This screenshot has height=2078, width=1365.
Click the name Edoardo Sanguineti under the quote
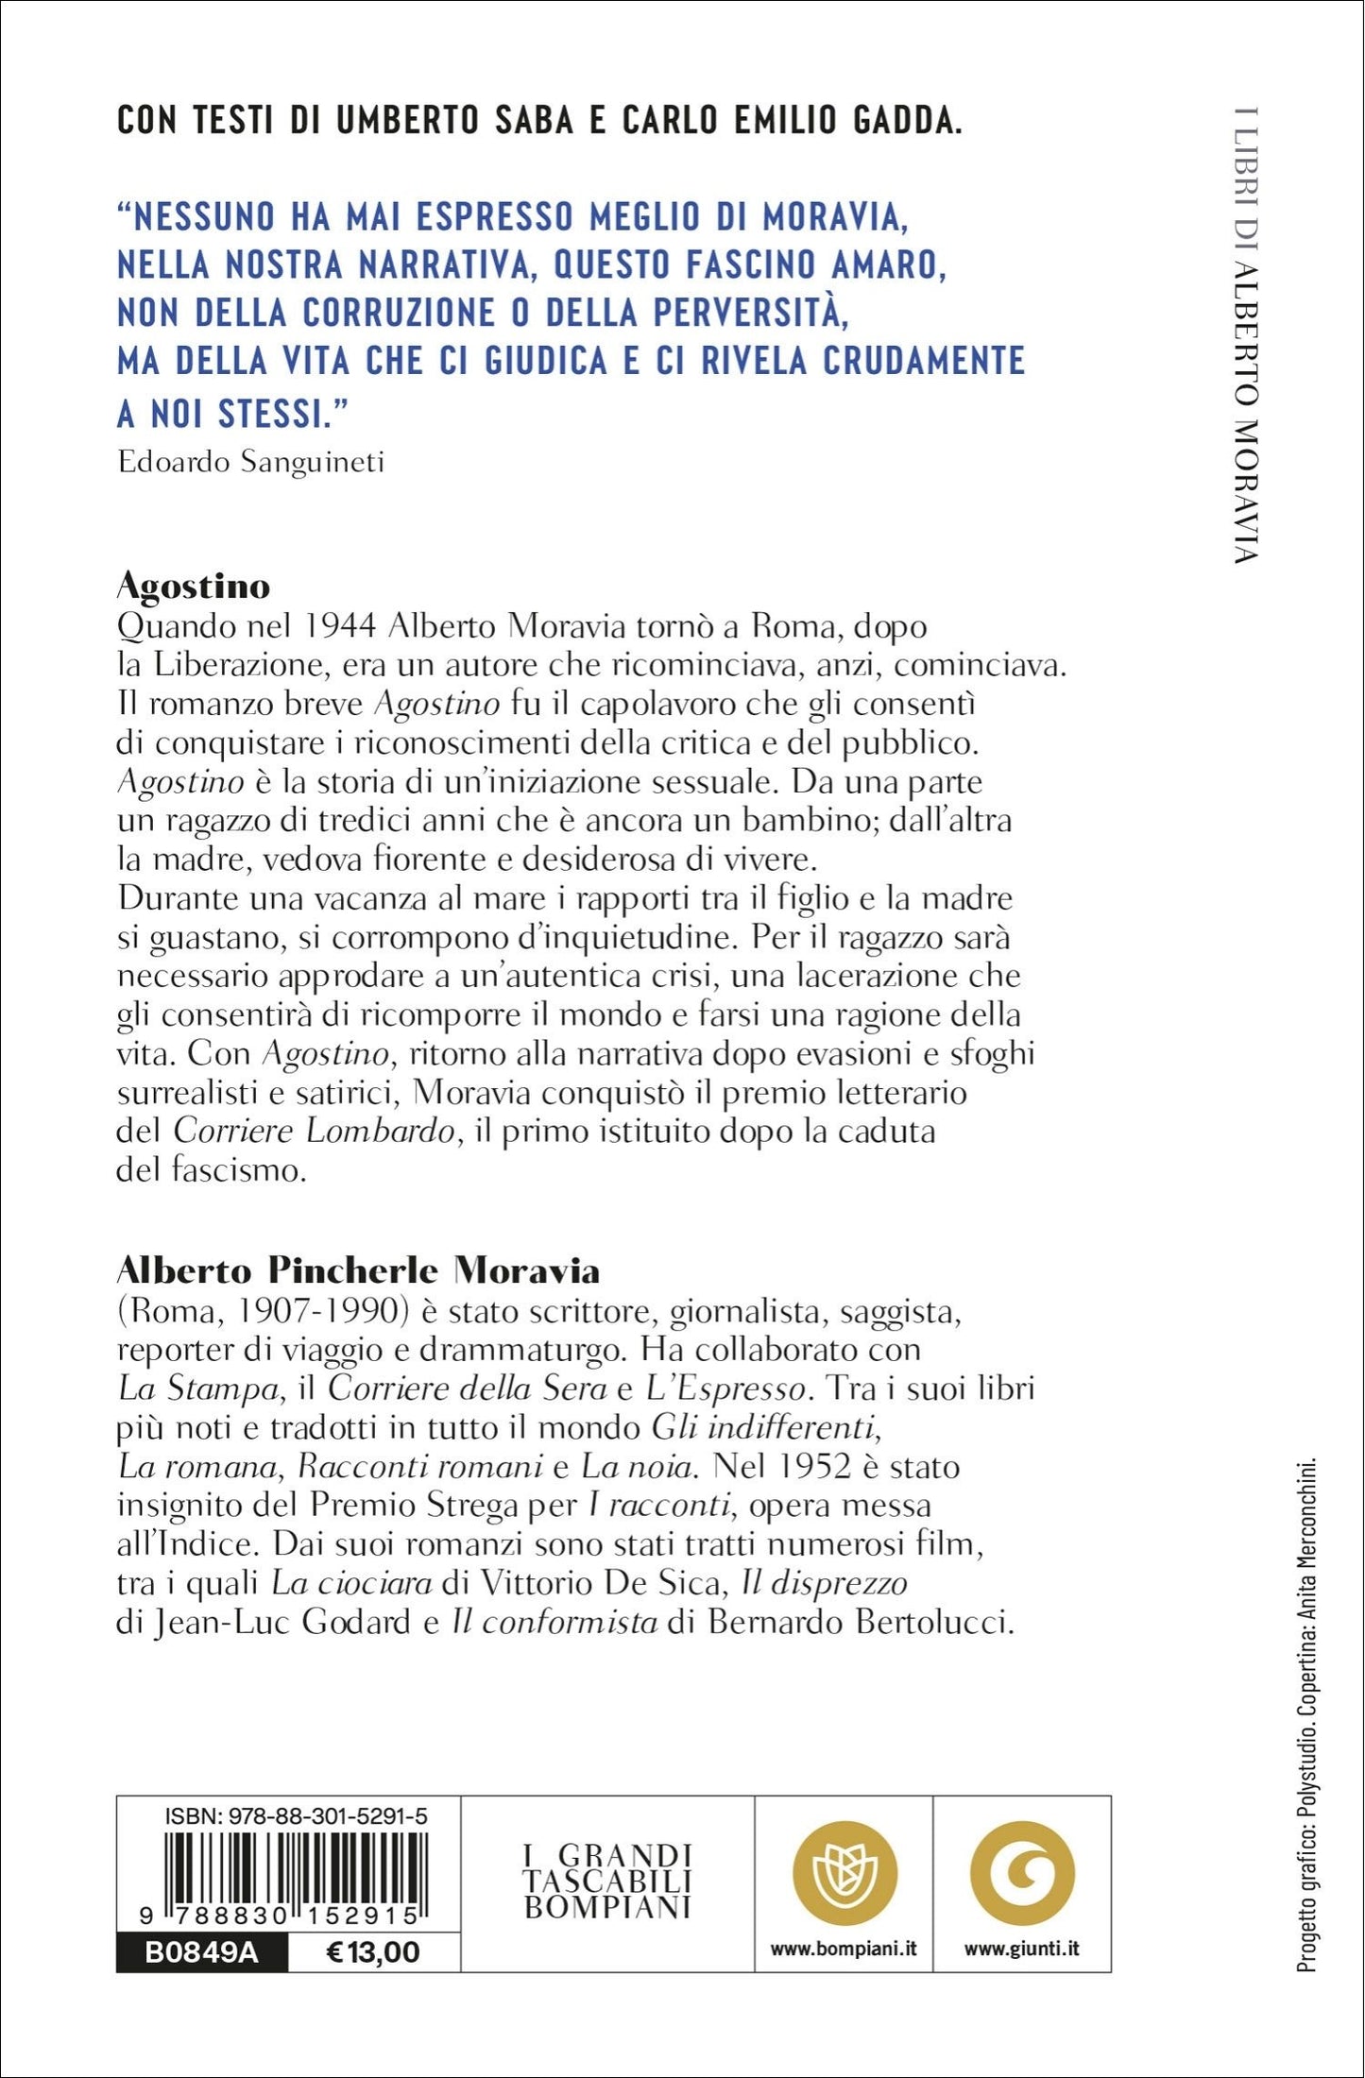(251, 462)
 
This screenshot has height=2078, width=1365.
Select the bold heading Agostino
(194, 587)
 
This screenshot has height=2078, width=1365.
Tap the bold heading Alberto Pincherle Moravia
(358, 1270)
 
